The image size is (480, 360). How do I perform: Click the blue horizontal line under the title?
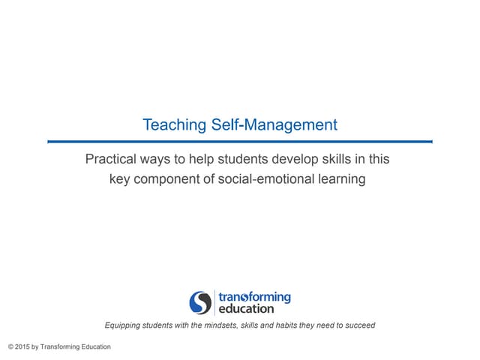[240, 141]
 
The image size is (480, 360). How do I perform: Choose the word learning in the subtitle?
[340, 179]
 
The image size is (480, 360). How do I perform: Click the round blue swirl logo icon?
[200, 302]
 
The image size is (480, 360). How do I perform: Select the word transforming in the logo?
[254, 297]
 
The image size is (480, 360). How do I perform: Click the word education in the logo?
[245, 308]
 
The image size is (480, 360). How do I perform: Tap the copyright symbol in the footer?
[10, 346]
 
